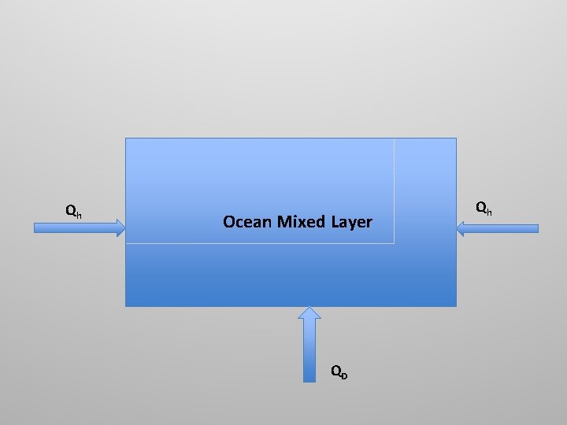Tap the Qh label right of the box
point(484,209)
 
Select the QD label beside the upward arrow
point(339,371)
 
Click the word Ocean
point(246,222)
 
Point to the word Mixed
point(299,222)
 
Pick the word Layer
point(351,222)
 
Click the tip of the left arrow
point(124,228)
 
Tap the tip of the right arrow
point(458,228)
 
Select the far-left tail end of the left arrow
point(35,228)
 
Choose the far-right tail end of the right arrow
point(538,228)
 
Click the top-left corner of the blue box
point(126,139)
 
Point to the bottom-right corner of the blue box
point(456,305)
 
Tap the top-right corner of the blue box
point(456,139)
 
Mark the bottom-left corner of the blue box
point(126,305)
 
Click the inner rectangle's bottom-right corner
point(394,243)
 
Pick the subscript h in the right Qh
point(489,211)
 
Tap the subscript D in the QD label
point(344,373)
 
